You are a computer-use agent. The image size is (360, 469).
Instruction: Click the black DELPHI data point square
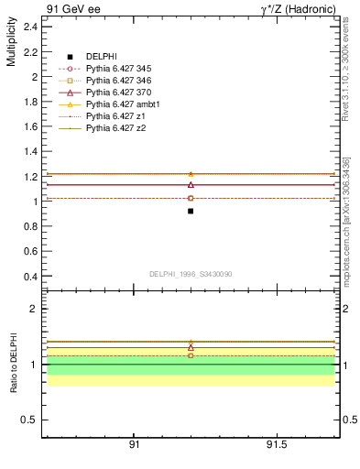pos(191,211)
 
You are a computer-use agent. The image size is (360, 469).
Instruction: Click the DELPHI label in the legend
pos(102,57)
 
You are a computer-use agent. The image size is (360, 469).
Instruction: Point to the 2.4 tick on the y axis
pos(30,27)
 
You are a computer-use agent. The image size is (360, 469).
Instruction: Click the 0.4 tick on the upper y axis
pos(30,277)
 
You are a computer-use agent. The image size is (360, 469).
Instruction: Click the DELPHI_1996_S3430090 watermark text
pos(190,274)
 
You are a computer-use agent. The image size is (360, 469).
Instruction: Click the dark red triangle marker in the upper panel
pos(191,184)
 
